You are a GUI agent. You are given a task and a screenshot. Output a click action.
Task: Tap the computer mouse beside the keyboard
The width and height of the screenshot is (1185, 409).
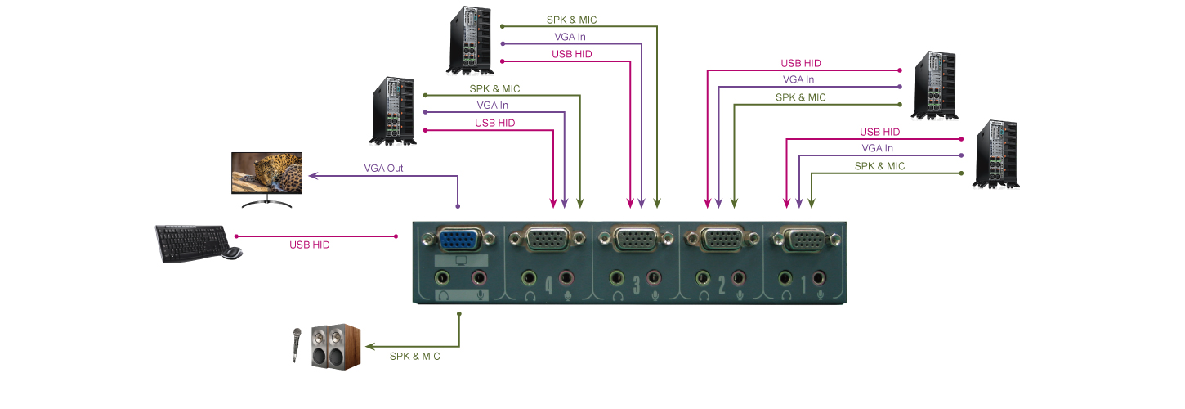click(x=233, y=253)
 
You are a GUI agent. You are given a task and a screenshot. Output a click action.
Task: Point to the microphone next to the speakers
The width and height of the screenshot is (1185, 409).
click(x=296, y=344)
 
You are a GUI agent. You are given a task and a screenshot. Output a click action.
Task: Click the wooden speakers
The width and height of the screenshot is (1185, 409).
click(x=335, y=345)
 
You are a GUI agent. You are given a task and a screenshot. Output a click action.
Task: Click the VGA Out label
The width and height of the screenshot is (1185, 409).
click(x=383, y=169)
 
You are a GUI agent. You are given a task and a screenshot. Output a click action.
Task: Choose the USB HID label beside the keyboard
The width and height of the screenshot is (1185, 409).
click(x=310, y=245)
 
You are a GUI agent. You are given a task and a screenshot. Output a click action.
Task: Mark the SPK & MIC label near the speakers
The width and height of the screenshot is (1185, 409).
click(x=414, y=356)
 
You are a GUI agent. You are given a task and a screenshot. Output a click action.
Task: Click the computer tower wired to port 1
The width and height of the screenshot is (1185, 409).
click(x=996, y=155)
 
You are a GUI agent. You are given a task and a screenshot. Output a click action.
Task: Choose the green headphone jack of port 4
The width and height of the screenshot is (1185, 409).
click(x=528, y=277)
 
